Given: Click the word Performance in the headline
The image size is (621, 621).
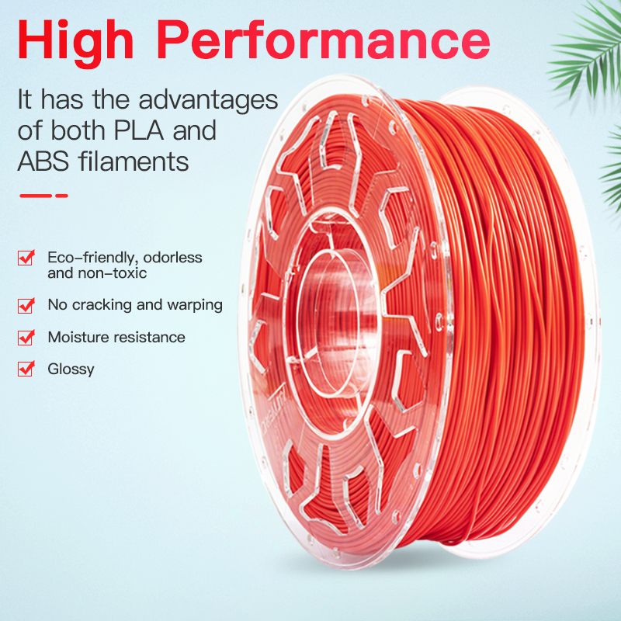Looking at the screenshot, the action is pyautogui.click(x=324, y=40).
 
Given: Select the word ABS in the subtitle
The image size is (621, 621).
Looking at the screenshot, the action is pyautogui.click(x=43, y=161).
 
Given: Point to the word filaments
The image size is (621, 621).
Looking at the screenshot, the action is pyautogui.click(x=134, y=161).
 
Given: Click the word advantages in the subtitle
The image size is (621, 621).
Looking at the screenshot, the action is pyautogui.click(x=208, y=101).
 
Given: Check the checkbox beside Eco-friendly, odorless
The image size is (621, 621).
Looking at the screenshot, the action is pyautogui.click(x=26, y=258).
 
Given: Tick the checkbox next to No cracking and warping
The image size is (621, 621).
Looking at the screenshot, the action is pyautogui.click(x=26, y=305).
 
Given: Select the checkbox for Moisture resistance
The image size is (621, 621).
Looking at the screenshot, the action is pyautogui.click(x=26, y=338).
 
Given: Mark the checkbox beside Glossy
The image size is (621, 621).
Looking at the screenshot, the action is pyautogui.click(x=26, y=368).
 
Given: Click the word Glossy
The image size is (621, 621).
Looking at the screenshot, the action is pyautogui.click(x=71, y=369).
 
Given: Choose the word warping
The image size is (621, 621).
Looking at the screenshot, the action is pyautogui.click(x=195, y=305).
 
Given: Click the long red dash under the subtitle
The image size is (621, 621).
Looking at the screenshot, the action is pyautogui.click(x=36, y=196).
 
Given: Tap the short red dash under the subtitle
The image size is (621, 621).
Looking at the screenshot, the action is pyautogui.click(x=61, y=196).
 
